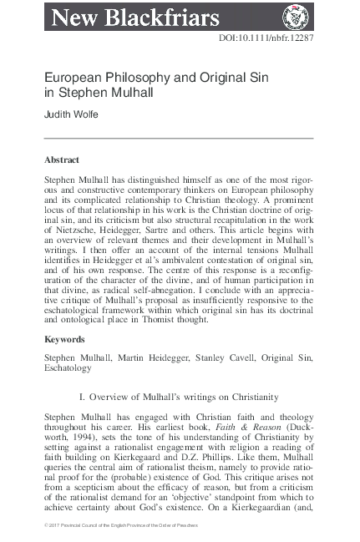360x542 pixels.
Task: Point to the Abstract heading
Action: (63, 159)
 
